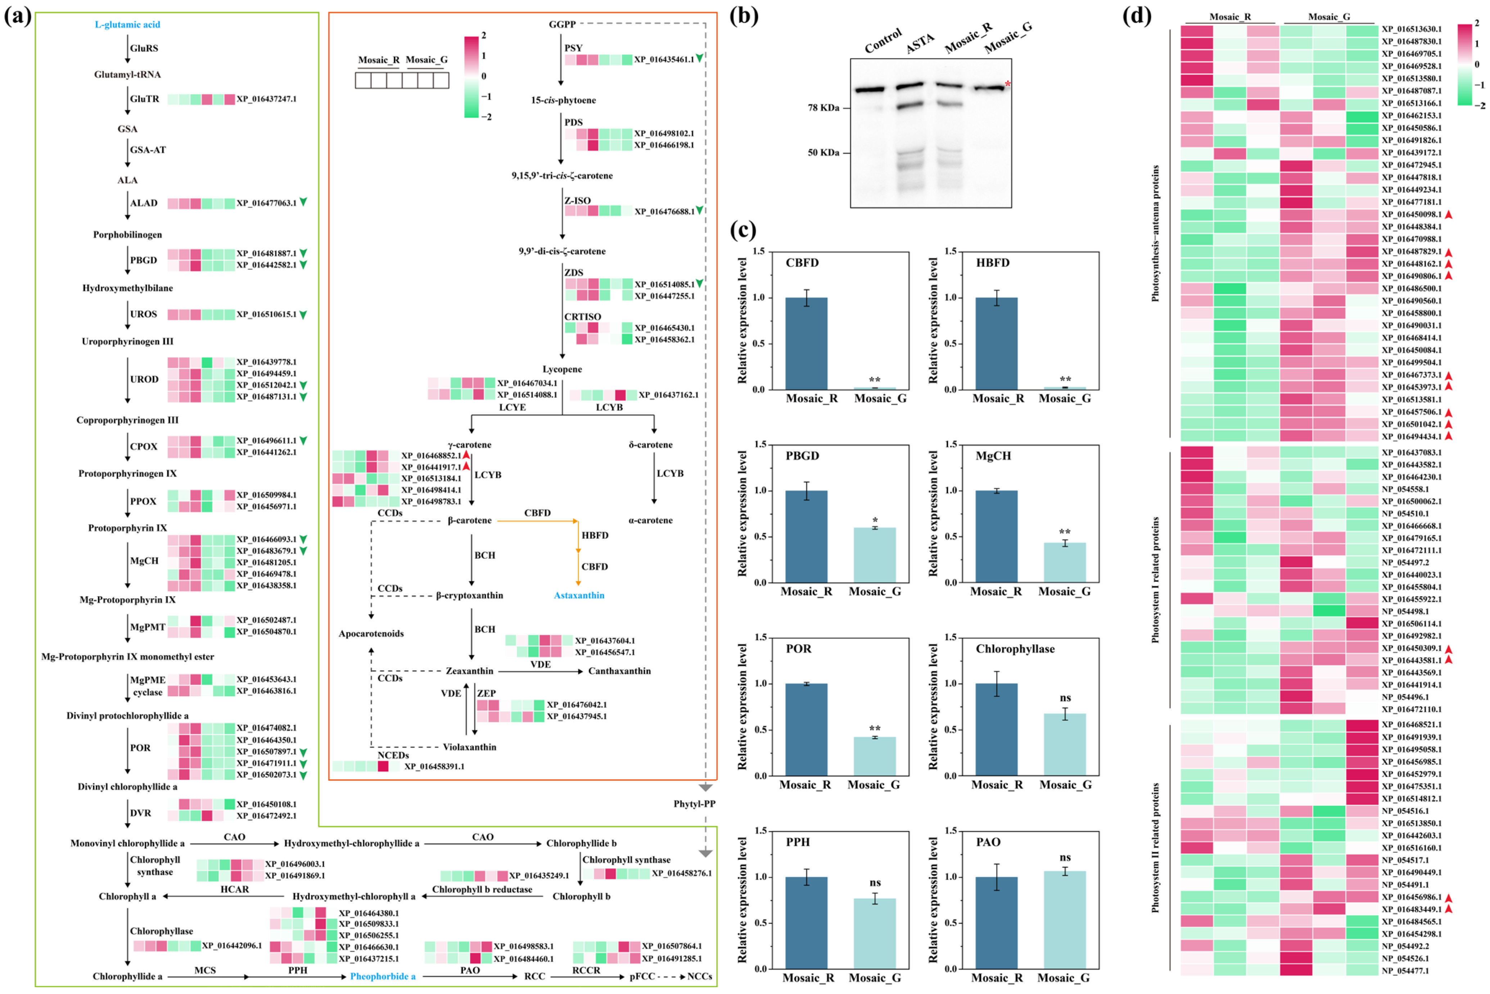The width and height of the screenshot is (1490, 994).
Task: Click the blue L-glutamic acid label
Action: [127, 25]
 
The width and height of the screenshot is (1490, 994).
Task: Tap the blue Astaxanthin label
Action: [579, 595]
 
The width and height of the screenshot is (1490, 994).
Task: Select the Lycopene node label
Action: [562, 369]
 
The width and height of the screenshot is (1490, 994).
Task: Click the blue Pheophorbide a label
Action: [383, 976]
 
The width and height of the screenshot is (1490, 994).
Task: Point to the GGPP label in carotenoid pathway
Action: [562, 24]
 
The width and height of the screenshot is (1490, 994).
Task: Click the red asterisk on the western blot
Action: [1007, 84]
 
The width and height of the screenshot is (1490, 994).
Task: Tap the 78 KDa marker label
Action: [823, 108]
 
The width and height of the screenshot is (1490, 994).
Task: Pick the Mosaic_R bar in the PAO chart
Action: [996, 922]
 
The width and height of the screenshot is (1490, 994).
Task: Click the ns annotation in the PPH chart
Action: [875, 882]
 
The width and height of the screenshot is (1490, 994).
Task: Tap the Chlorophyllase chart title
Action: [1015, 649]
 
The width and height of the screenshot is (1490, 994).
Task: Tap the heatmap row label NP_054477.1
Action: [1405, 971]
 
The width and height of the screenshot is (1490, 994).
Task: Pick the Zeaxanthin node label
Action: [469, 671]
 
